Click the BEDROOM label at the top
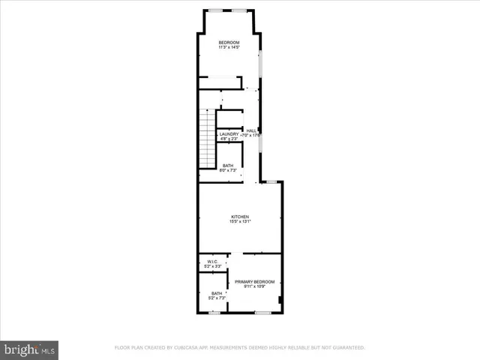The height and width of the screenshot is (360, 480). tap(229, 41)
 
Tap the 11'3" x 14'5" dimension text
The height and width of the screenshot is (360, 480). tap(229, 47)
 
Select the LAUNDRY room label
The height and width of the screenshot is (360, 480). tap(229, 134)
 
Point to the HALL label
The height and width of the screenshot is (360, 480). tap(251, 130)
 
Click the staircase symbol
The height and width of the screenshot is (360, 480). tap(207, 138)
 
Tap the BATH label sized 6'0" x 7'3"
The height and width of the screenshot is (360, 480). tap(228, 166)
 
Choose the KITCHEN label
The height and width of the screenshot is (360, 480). tap(240, 216)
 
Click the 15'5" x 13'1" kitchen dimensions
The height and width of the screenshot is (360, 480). tap(240, 221)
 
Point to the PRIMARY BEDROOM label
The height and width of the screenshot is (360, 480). tap(254, 281)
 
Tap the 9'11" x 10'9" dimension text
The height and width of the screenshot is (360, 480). tap(254, 286)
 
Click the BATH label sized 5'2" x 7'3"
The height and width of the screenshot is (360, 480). tap(217, 293)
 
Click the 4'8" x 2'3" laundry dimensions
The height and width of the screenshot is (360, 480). tap(229, 139)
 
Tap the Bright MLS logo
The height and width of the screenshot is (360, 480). tap(30, 349)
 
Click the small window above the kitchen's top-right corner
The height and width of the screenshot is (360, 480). tap(274, 182)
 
